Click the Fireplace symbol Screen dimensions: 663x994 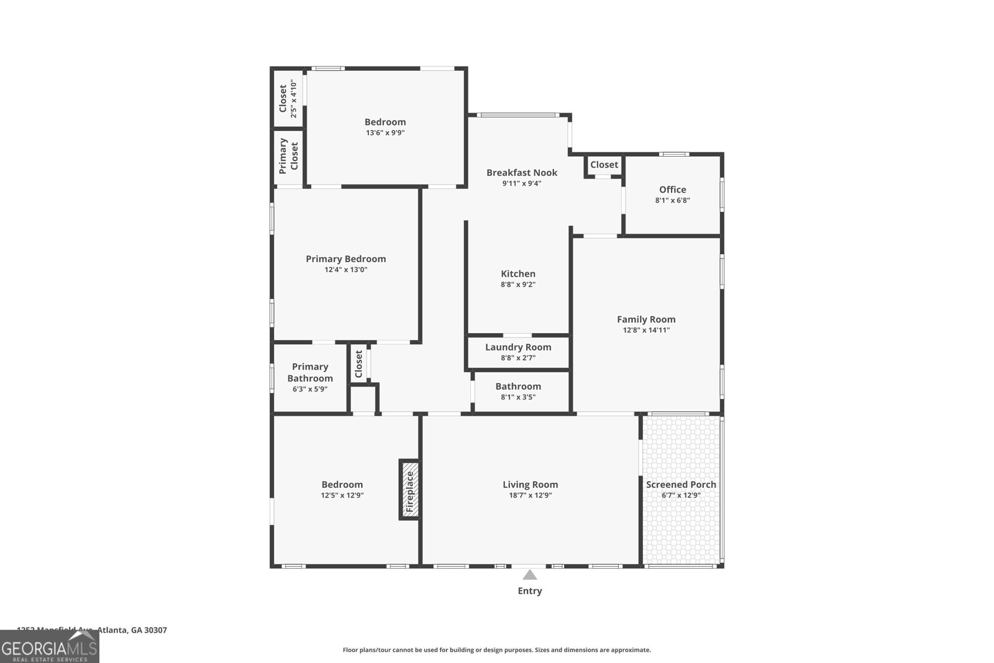(409, 490)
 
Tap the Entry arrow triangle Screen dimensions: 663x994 (529, 575)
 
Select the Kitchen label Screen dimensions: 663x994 (518, 274)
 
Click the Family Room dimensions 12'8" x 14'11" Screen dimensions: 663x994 (646, 330)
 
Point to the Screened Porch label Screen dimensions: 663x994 (681, 485)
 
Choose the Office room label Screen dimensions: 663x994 (673, 190)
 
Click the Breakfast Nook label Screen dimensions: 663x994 (522, 173)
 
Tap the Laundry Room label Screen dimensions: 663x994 (518, 347)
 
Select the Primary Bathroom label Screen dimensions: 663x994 (310, 372)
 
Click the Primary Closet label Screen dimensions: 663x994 (288, 155)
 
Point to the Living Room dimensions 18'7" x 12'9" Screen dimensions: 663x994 (530, 495)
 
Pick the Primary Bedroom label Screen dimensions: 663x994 (345, 259)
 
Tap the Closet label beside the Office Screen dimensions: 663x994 (604, 165)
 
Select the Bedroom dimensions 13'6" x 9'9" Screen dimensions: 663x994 (385, 132)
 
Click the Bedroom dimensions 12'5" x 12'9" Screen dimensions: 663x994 (342, 495)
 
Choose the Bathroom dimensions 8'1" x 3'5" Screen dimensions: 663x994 (518, 397)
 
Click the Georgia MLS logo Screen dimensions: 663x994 (50, 647)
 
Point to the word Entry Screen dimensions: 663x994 (530, 591)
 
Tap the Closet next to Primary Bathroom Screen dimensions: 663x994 (358, 364)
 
